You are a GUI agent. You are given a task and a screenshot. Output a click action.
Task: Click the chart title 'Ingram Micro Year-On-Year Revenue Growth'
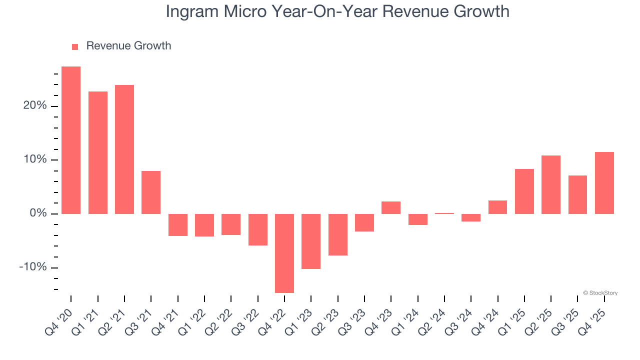[337, 11]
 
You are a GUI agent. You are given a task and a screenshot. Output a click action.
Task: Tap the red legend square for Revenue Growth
[75, 46]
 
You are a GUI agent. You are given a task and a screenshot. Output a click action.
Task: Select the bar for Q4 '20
[71, 140]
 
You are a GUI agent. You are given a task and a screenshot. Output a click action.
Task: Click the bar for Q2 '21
[124, 149]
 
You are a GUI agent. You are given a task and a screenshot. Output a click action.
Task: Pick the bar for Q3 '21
[151, 192]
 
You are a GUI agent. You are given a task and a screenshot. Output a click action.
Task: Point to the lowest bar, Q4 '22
[284, 253]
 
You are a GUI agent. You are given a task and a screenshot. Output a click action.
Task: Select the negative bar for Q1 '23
[311, 241]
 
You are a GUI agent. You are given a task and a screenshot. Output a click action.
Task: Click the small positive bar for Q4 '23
[391, 207]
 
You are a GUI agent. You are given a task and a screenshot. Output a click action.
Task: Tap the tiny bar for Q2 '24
[444, 213]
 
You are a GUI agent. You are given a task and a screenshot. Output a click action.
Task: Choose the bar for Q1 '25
[524, 191]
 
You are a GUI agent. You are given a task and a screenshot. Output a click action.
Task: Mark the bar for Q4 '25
[604, 182]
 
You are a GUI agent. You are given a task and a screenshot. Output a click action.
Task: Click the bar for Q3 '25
[577, 194]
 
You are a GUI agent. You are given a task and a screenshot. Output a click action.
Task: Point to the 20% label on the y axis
[35, 106]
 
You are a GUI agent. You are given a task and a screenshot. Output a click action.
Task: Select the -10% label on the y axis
[33, 267]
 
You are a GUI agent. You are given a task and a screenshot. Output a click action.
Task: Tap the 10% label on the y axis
[35, 159]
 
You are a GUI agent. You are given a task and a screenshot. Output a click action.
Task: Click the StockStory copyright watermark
[600, 293]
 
